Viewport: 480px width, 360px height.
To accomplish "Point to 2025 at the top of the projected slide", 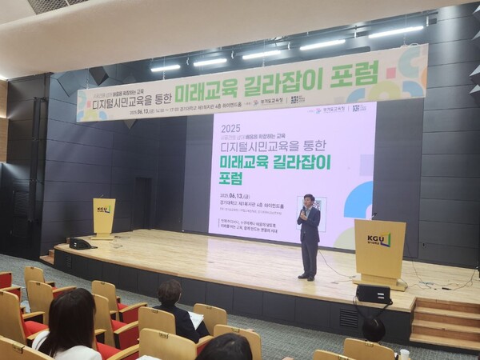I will pyautogui.click(x=230, y=127).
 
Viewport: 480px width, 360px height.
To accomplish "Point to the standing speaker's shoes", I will pyautogui.click(x=306, y=277).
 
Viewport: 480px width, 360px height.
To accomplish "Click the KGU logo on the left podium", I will pyautogui.click(x=104, y=210).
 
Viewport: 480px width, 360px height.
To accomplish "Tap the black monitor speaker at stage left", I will pyautogui.click(x=80, y=243).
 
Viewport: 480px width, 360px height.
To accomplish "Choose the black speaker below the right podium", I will pyautogui.click(x=374, y=294).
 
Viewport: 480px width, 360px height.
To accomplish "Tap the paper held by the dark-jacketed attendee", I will pyautogui.click(x=196, y=319).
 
